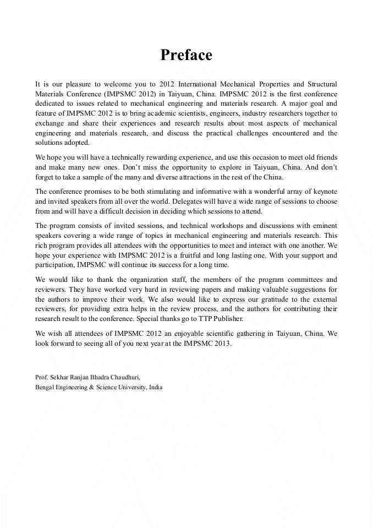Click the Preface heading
click(x=186, y=55)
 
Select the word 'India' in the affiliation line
click(x=155, y=387)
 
